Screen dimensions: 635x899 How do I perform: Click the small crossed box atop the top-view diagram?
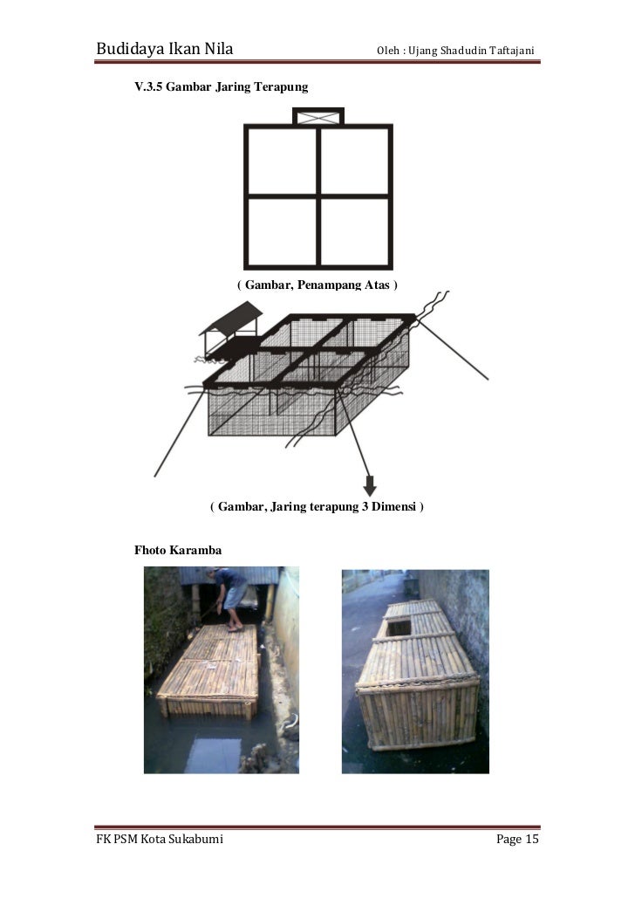pyautogui.click(x=318, y=117)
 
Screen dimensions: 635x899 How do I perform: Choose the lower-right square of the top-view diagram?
pyautogui.click(x=354, y=232)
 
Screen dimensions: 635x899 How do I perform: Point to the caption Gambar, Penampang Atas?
pyautogui.click(x=318, y=285)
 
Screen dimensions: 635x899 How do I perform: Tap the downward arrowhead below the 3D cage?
pyautogui.click(x=370, y=485)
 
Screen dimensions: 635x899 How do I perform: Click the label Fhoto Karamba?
pyautogui.click(x=177, y=551)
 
